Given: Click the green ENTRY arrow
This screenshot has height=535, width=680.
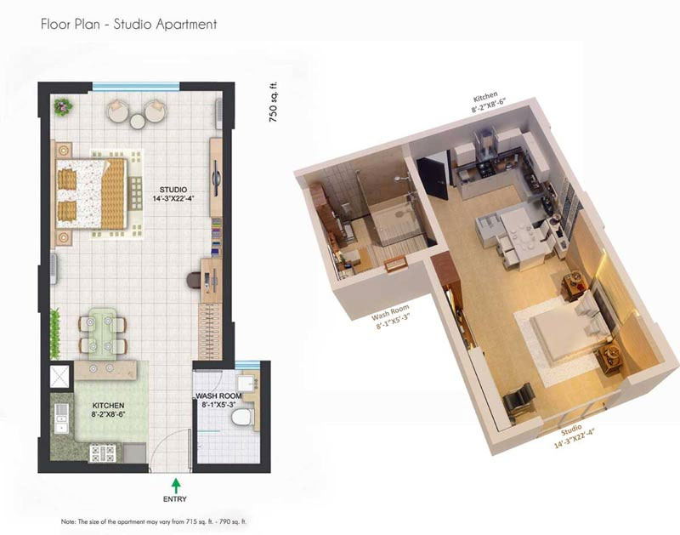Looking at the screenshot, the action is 176,485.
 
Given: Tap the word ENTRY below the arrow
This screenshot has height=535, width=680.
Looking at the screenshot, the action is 175,499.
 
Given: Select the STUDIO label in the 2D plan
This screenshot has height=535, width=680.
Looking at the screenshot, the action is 173,190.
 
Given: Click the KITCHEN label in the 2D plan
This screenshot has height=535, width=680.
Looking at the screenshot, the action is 108,405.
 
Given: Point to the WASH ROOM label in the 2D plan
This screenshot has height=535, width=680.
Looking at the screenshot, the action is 218,396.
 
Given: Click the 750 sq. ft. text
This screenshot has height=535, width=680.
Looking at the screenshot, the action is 273,102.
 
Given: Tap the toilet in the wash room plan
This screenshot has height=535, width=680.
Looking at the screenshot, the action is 242,417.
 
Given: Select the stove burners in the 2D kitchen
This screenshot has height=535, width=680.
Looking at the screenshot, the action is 103,453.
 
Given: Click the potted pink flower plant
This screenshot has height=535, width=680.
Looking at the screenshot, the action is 63,106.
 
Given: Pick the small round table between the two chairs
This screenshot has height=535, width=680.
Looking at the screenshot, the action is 138,121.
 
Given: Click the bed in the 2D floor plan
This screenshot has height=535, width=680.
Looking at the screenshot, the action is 92,193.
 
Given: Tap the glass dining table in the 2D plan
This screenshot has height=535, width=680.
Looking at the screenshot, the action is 103,333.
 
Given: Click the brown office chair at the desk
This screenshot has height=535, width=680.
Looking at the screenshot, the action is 194,281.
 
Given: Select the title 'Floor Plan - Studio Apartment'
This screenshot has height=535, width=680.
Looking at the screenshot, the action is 129,24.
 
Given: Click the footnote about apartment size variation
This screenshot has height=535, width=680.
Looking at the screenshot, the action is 154,521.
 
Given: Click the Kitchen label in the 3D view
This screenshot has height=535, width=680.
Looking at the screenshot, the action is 488,101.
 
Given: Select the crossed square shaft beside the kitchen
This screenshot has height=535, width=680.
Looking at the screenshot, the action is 59,377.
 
